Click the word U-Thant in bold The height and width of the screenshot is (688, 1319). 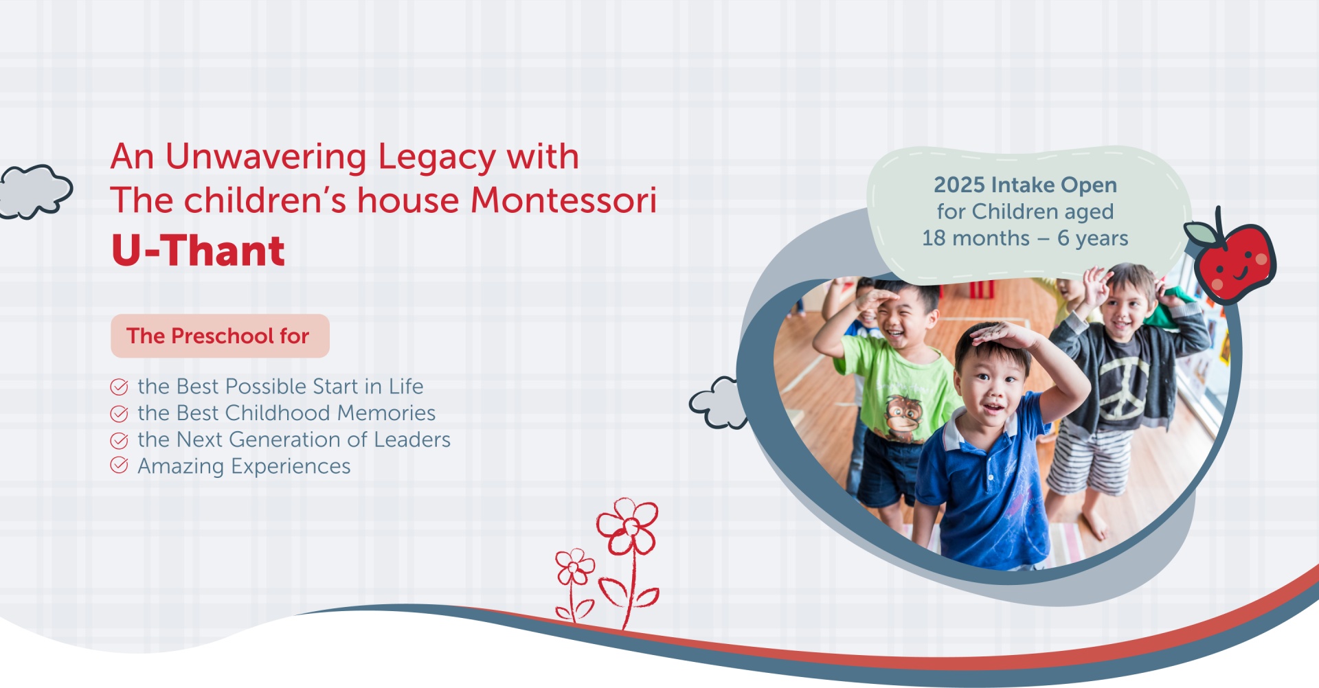click(x=198, y=250)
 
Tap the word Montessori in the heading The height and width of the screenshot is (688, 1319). click(x=563, y=200)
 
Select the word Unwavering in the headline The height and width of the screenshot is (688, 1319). click(x=266, y=157)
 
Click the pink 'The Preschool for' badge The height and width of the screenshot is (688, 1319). click(x=220, y=336)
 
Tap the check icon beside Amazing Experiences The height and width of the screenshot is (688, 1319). click(x=119, y=466)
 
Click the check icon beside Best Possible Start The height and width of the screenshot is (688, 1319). click(x=119, y=387)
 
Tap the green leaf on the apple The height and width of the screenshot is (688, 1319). click(x=1202, y=234)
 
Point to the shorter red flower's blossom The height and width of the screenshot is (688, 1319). click(x=575, y=566)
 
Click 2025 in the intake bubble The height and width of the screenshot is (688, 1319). click(x=959, y=185)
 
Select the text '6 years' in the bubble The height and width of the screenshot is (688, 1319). click(x=1092, y=238)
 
